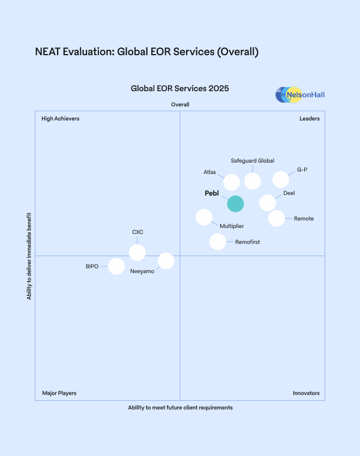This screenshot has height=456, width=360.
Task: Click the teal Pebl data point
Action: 235,203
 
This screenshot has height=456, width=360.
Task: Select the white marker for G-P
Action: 281,179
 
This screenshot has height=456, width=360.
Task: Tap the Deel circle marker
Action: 268,203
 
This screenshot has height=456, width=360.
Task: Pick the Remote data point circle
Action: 276,218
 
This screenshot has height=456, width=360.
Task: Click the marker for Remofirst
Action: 218,242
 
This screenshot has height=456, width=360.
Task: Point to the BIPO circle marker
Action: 116,266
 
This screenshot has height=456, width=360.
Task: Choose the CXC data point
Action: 137,252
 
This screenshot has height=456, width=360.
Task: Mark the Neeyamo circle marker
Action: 166,261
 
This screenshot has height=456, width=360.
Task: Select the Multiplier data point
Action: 204,217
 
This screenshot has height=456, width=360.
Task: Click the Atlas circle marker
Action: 232,182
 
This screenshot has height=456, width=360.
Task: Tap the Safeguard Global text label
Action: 253,161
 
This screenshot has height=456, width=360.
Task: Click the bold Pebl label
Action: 212,194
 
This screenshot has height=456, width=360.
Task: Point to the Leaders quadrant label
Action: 310,119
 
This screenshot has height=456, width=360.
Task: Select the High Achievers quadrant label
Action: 60,119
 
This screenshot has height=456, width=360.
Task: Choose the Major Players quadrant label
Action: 59,394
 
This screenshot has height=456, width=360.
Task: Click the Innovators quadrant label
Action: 306,394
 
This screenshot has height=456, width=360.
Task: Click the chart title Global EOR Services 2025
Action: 180,89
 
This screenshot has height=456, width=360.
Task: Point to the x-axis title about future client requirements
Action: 180,407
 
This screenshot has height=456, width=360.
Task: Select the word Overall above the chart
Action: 180,105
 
